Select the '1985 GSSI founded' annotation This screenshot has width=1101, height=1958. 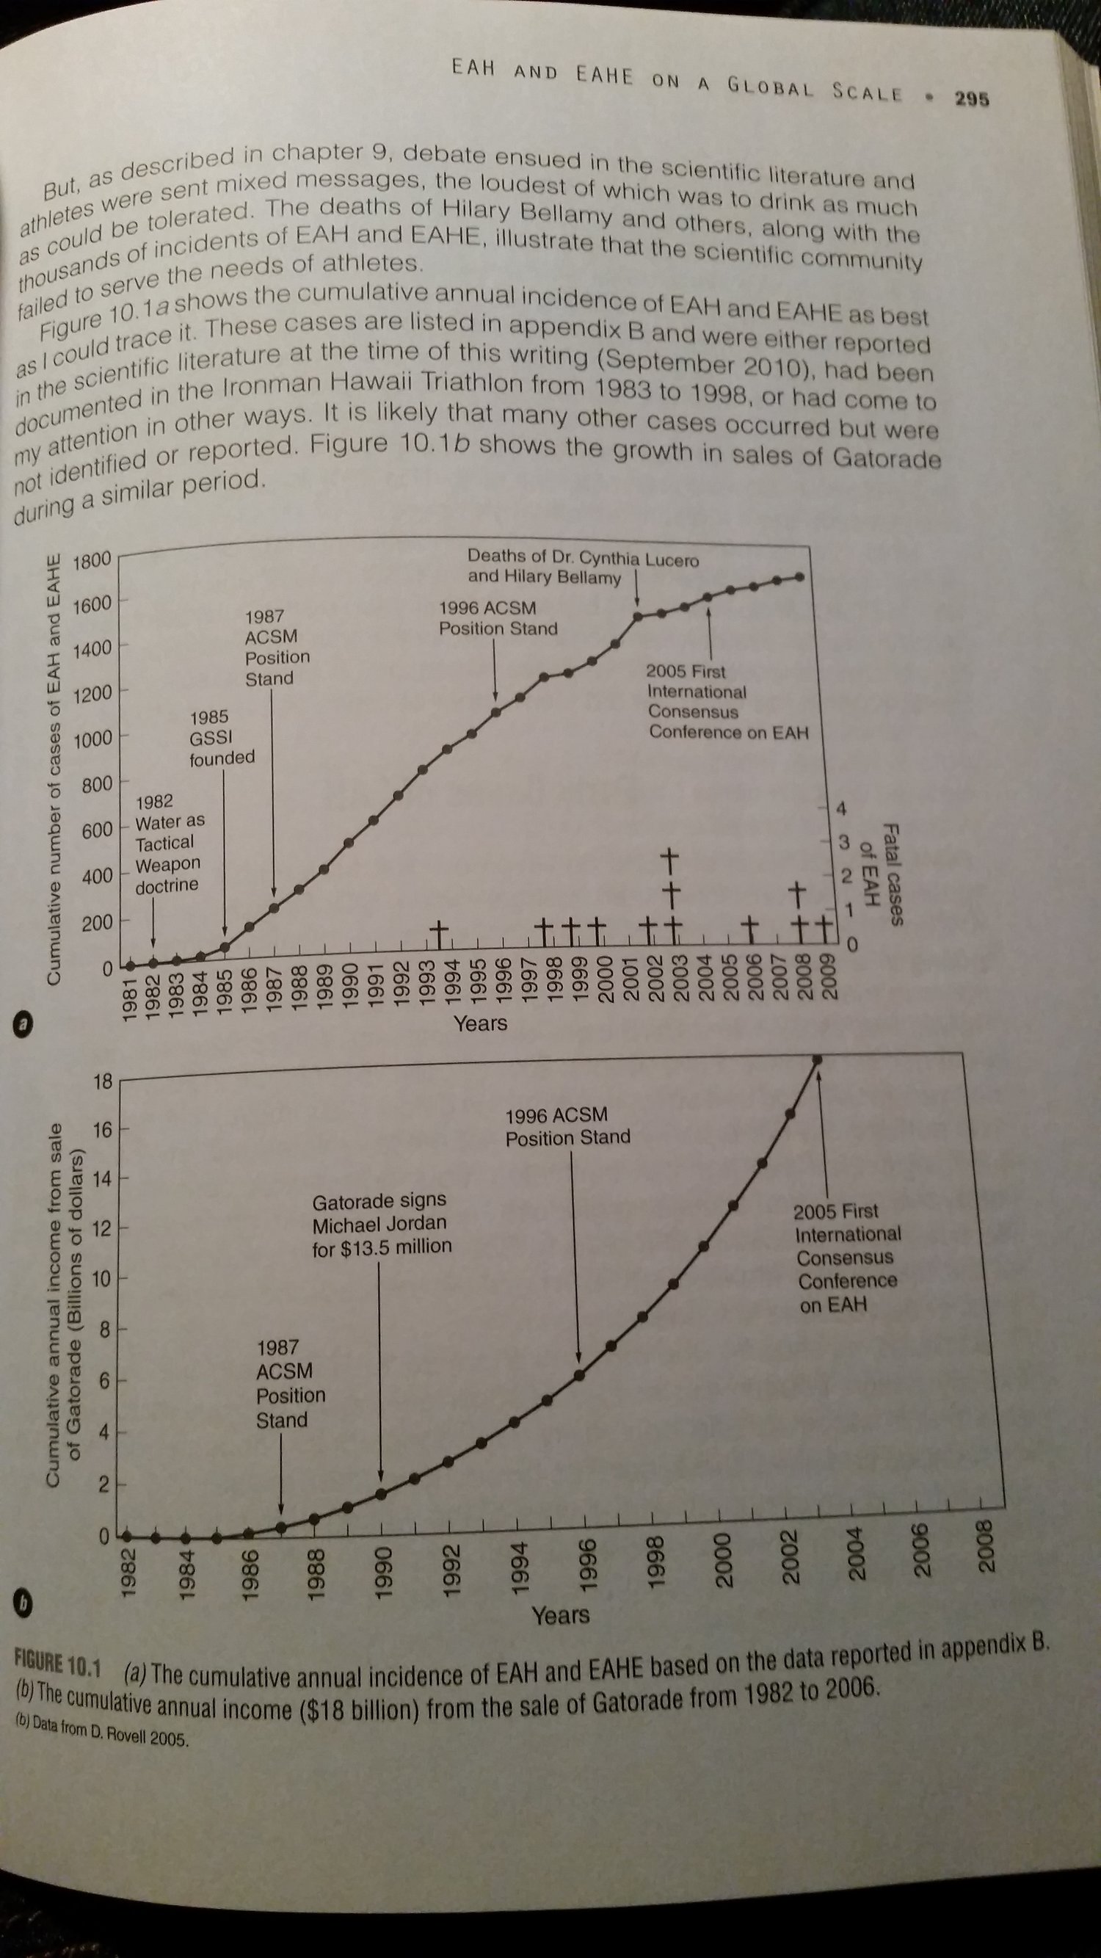click(x=222, y=737)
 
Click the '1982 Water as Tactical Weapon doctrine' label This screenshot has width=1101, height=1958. click(x=169, y=844)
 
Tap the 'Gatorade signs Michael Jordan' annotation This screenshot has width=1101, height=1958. click(x=382, y=1225)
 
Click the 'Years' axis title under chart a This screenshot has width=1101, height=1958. click(x=480, y=1023)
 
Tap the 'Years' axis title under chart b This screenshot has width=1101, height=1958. click(x=561, y=1614)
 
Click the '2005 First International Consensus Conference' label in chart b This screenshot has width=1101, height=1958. click(x=846, y=1258)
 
